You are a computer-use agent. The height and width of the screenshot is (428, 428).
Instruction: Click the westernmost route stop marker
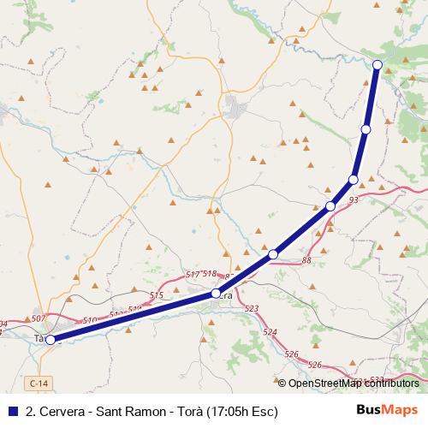tap(51, 340)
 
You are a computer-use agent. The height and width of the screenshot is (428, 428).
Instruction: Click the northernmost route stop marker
tap(377, 64)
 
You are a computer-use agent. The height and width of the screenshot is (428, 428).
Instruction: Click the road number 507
tap(38, 318)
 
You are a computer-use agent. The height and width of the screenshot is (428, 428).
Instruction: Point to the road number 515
tap(156, 295)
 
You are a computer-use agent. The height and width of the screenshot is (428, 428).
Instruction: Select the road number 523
tap(252, 308)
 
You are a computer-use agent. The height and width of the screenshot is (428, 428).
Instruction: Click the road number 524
tap(270, 331)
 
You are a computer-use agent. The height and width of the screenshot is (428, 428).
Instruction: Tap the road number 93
tap(354, 200)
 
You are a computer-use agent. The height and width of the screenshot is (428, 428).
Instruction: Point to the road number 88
tap(306, 259)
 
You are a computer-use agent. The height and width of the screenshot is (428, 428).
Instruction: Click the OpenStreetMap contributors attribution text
tap(354, 383)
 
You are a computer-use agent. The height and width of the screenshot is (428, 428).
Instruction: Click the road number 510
tap(90, 321)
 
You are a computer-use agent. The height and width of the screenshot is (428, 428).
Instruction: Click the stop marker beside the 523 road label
tap(216, 294)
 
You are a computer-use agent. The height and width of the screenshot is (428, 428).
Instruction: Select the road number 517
tap(193, 274)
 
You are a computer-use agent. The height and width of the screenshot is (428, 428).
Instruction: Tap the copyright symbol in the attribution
tap(282, 383)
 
